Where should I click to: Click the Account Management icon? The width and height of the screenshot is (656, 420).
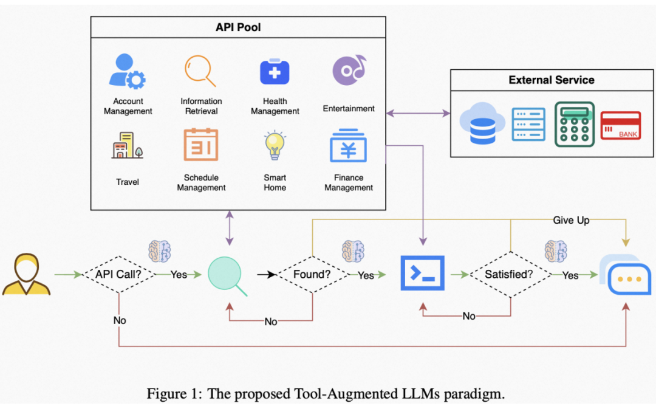tap(128, 71)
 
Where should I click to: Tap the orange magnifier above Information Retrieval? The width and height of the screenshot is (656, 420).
tap(200, 71)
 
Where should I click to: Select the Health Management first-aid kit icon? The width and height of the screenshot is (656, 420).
tap(275, 72)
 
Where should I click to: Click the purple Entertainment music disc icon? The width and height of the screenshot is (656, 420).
tap(349, 71)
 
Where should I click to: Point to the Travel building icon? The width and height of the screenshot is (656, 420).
tap(127, 146)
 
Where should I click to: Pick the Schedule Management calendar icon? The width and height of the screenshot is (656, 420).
tap(201, 145)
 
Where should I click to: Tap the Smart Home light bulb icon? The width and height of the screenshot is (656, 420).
tap(275, 145)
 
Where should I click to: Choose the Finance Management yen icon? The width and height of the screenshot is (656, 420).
tap(348, 146)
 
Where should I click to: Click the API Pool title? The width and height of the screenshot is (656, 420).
tap(238, 27)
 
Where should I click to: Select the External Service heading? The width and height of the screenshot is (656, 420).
tap(551, 80)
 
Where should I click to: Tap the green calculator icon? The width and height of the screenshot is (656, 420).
tap(574, 124)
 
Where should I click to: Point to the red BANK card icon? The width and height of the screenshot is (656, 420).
tap(620, 126)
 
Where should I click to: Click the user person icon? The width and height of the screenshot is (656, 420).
tap(26, 275)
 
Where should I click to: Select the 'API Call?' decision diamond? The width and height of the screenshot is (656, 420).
tap(118, 275)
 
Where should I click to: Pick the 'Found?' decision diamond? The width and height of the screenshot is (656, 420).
tap(312, 275)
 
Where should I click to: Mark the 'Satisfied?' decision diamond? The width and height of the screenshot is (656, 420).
tap(509, 275)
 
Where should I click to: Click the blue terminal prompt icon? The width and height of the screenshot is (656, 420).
tap(422, 274)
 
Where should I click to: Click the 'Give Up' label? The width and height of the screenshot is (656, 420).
tap(571, 220)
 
